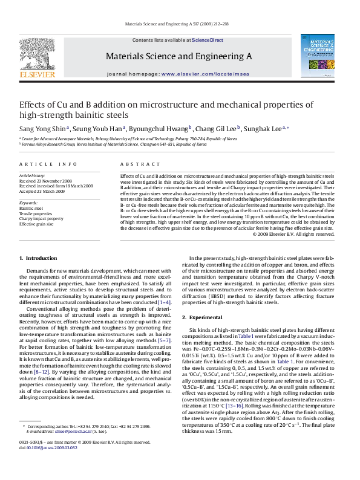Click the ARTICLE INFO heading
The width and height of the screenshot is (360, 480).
(39, 164)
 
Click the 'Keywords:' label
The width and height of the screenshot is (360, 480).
(29, 202)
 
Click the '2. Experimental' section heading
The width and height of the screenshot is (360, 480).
(206, 317)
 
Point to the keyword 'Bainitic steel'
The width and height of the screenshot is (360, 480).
(31, 207)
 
